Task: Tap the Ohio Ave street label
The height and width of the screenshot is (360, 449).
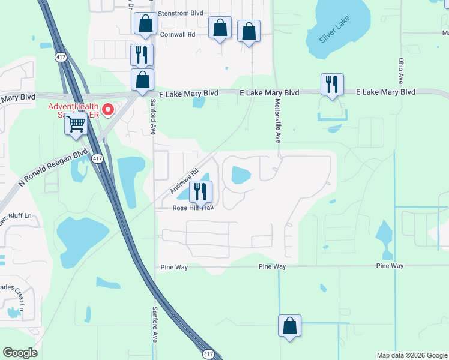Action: (x=400, y=71)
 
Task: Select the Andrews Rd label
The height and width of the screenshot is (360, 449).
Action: (x=184, y=180)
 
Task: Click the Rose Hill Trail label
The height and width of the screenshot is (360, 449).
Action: (x=193, y=208)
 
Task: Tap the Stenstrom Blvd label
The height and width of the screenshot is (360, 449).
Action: (x=180, y=13)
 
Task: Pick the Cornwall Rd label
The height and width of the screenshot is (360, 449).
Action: (x=178, y=35)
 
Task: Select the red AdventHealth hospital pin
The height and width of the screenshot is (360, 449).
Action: (x=108, y=110)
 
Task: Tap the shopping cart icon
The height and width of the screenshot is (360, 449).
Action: (x=76, y=125)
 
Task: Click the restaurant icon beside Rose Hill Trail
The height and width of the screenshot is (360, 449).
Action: (x=200, y=191)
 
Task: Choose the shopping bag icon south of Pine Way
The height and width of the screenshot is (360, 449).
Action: (x=289, y=326)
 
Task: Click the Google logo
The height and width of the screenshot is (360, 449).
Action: (x=20, y=353)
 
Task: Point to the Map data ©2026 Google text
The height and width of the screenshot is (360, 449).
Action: (x=412, y=355)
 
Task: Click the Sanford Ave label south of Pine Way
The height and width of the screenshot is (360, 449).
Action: (x=154, y=328)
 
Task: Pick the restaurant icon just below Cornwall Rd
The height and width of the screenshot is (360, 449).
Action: (x=142, y=55)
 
